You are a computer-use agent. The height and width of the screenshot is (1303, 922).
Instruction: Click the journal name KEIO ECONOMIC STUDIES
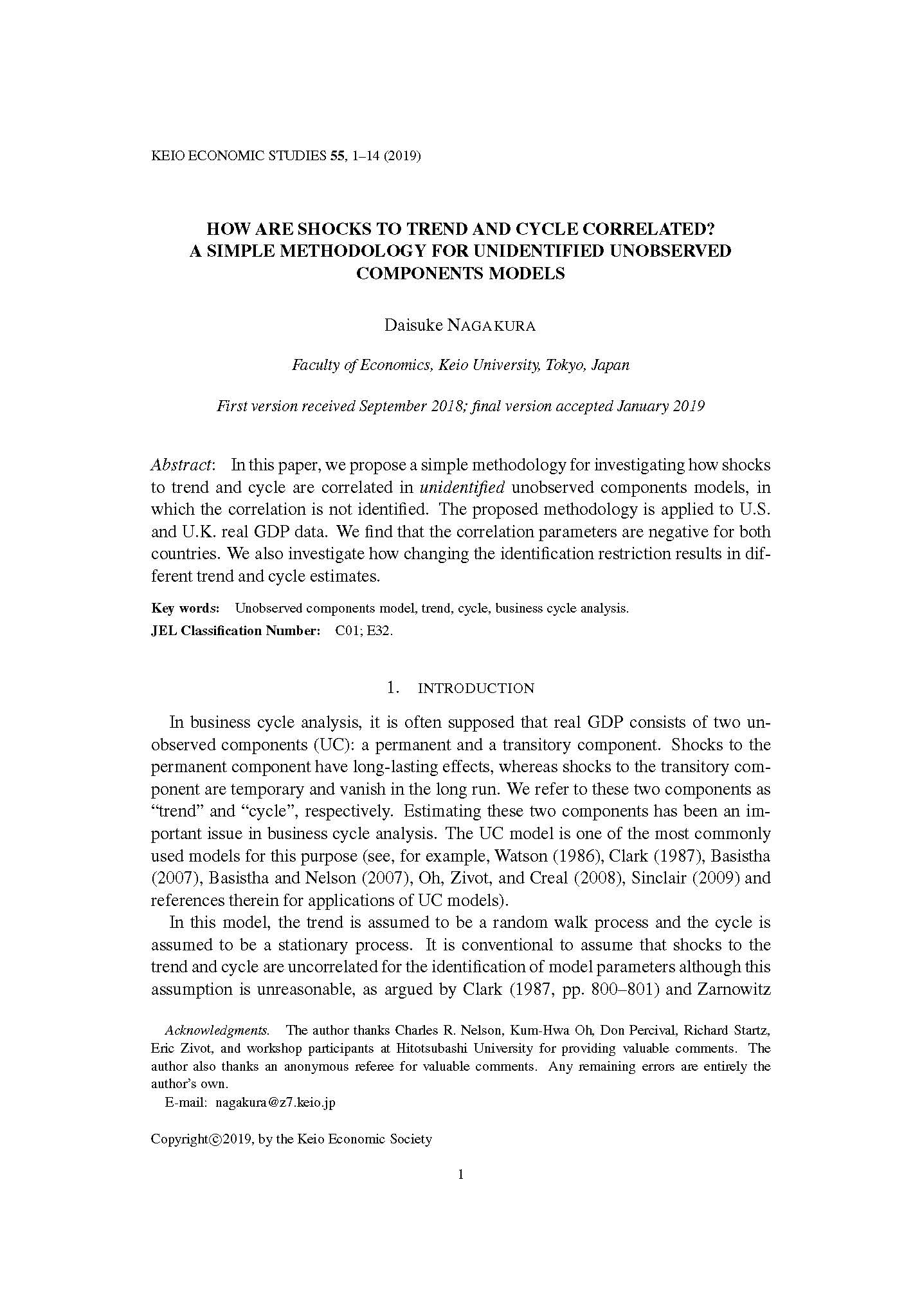point(239,156)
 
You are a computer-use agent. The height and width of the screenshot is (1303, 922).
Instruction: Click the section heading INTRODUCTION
point(476,688)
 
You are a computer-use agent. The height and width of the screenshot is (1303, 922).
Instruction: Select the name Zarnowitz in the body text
point(733,989)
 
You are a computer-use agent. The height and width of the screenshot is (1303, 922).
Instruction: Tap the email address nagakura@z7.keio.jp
point(275,1102)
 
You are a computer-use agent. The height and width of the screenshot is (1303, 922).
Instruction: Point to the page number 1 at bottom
point(460,1175)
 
